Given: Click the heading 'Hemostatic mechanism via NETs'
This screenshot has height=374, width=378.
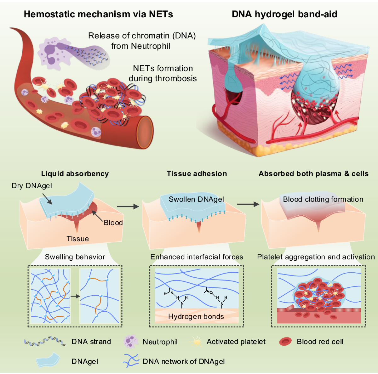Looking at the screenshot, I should coord(98,14).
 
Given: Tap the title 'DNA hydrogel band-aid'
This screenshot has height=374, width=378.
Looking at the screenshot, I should coord(284,14).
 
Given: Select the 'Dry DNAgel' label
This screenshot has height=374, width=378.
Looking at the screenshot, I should coord(32,186).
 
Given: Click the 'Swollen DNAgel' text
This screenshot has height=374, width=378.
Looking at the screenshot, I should coord(196,199).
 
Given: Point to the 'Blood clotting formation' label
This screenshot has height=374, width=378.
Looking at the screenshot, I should coord(323,199).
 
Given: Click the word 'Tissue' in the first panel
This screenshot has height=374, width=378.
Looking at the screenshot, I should coord(77,239).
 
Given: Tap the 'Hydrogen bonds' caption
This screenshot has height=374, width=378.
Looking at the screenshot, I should coord(196,316).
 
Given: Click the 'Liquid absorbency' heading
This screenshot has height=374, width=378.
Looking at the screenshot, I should coord(75,173).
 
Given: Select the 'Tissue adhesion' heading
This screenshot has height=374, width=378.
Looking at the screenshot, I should coord(197,173).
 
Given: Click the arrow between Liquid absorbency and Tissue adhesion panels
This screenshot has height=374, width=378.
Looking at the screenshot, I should coord(128,207).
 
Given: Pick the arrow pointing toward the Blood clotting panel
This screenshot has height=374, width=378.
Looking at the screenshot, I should coord(248,204).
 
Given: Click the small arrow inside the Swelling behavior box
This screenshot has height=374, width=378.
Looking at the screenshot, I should coord(75,296).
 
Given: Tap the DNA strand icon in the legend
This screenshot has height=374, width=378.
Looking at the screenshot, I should coord(45,342).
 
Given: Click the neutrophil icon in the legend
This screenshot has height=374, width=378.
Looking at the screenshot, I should coord(131,342).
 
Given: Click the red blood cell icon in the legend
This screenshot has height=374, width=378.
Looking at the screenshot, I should coord(285,342).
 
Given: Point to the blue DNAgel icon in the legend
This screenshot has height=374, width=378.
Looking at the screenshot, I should coord(48,360).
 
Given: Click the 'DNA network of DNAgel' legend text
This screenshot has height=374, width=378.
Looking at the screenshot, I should coord(184,361).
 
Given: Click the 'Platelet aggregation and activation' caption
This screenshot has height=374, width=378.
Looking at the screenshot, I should coord(316,257).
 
